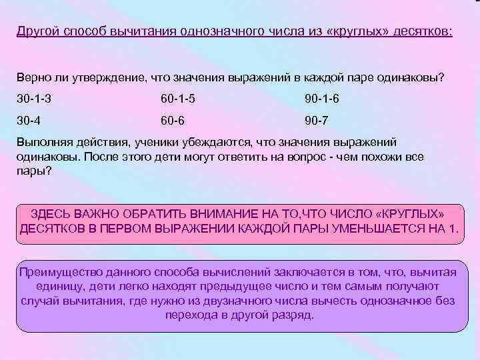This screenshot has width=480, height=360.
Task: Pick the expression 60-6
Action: (x=172, y=121)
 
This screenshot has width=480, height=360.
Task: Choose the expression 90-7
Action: (x=316, y=121)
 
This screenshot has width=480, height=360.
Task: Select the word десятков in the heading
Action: (x=423, y=31)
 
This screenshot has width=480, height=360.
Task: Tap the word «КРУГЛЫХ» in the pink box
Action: (x=409, y=213)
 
